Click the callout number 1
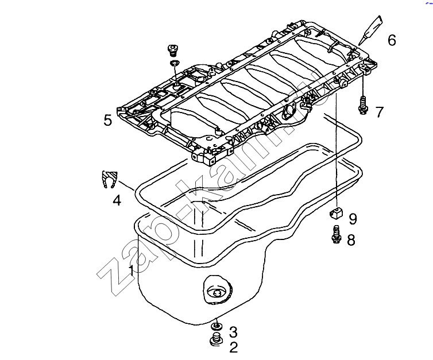coord(132,270)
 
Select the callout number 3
coord(233,331)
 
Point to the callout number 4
coord(117,200)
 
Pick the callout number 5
coord(107,120)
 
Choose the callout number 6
coord(392,40)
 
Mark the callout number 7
coord(379,112)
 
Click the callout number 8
coord(351,240)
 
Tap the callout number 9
coord(353,219)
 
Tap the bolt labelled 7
coord(362,104)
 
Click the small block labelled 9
coord(335,215)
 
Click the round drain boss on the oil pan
coord(217,292)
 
